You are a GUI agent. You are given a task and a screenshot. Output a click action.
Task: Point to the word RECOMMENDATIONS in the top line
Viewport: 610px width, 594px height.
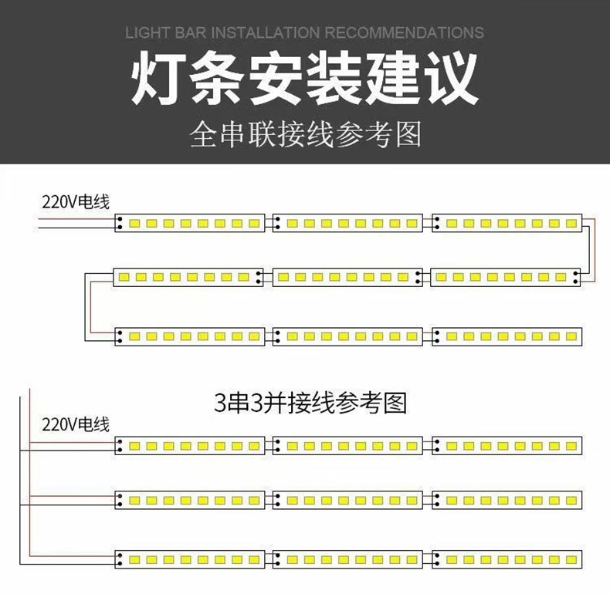(x=404, y=33)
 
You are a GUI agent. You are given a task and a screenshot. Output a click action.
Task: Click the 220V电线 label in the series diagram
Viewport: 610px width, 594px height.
(x=76, y=203)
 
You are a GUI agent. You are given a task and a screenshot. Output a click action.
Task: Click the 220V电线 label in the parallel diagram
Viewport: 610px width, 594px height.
(x=76, y=424)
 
